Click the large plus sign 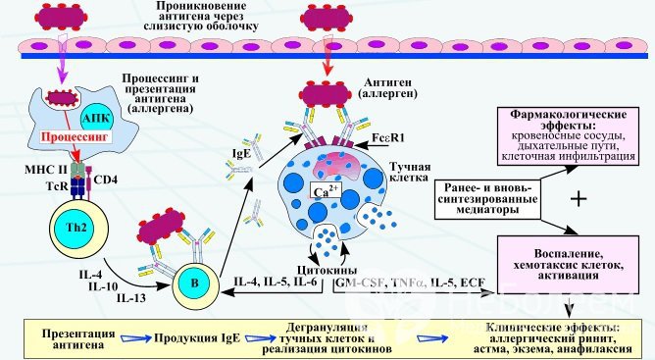(x=579, y=198)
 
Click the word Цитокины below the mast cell (x=305, y=271)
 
